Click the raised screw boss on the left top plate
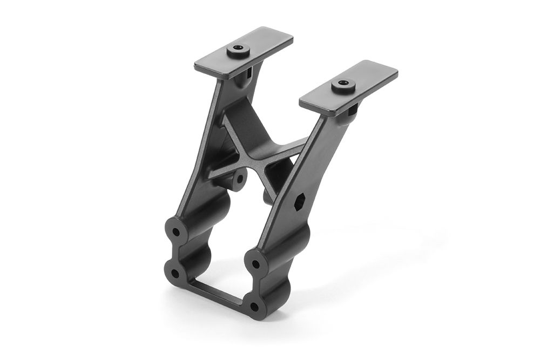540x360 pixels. click(x=238, y=51)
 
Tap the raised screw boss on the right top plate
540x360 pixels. click(x=343, y=85)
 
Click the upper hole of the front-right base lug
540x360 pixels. click(x=255, y=264)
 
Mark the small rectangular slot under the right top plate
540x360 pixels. click(x=353, y=111)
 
